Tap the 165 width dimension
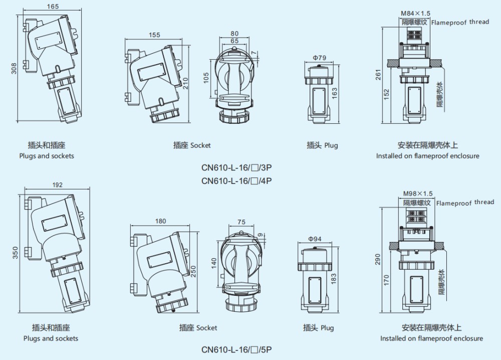[x=53, y=7]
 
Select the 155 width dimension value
[x=154, y=35]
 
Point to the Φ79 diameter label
[x=320, y=58]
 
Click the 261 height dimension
[x=378, y=74]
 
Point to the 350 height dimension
[x=15, y=254]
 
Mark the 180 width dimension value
[x=160, y=221]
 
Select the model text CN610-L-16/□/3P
[x=238, y=168]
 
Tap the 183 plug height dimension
[x=334, y=279]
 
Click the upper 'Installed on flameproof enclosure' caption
[x=427, y=156]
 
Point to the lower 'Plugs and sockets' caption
[x=51, y=338]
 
